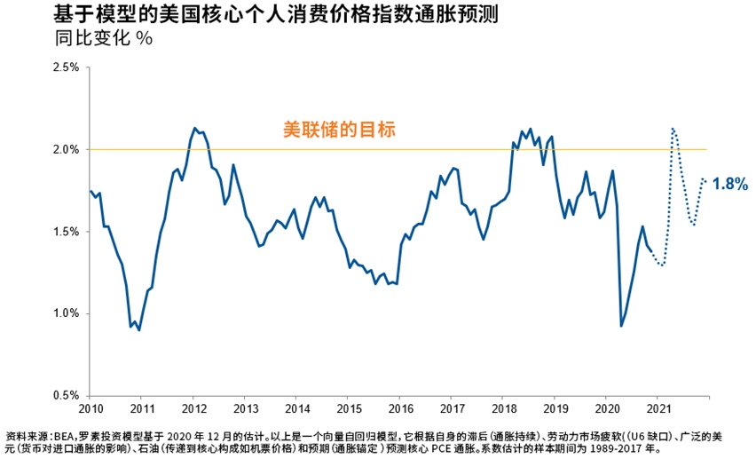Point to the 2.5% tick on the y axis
[x=67, y=67]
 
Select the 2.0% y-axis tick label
[x=67, y=149]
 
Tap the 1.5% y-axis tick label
[x=67, y=232]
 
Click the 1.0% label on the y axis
[x=67, y=313]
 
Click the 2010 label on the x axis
[x=91, y=409]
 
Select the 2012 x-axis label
[x=194, y=409]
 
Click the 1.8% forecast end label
[x=730, y=184]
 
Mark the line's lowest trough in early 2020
[x=621, y=326]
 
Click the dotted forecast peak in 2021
[x=673, y=129]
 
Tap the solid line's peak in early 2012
[x=193, y=128]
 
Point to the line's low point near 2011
[x=139, y=329]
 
